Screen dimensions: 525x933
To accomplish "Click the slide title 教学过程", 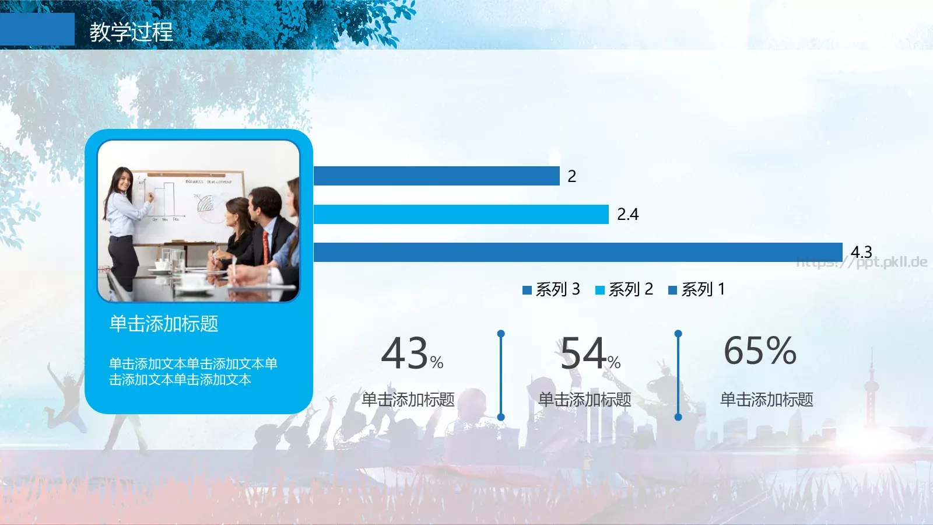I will (131, 32).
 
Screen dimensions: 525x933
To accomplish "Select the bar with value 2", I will (436, 176).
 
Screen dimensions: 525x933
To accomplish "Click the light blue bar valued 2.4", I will (461, 215).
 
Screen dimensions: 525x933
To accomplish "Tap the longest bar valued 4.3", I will (577, 253).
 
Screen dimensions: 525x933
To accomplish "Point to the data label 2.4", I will (627, 215).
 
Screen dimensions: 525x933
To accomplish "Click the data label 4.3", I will (861, 251).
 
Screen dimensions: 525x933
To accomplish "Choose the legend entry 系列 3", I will (552, 289).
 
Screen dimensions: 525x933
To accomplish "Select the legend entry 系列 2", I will (625, 289).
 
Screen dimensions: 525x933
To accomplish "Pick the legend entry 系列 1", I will (697, 289).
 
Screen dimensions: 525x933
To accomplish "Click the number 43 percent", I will (412, 353).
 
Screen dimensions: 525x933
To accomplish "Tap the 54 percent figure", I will (590, 353).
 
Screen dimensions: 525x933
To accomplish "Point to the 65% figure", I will (760, 351).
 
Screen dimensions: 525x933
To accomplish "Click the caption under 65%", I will (766, 400).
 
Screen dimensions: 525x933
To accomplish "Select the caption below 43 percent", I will (408, 400).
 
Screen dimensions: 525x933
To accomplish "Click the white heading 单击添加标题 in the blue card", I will (164, 324).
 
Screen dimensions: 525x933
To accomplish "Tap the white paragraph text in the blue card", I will (192, 372).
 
